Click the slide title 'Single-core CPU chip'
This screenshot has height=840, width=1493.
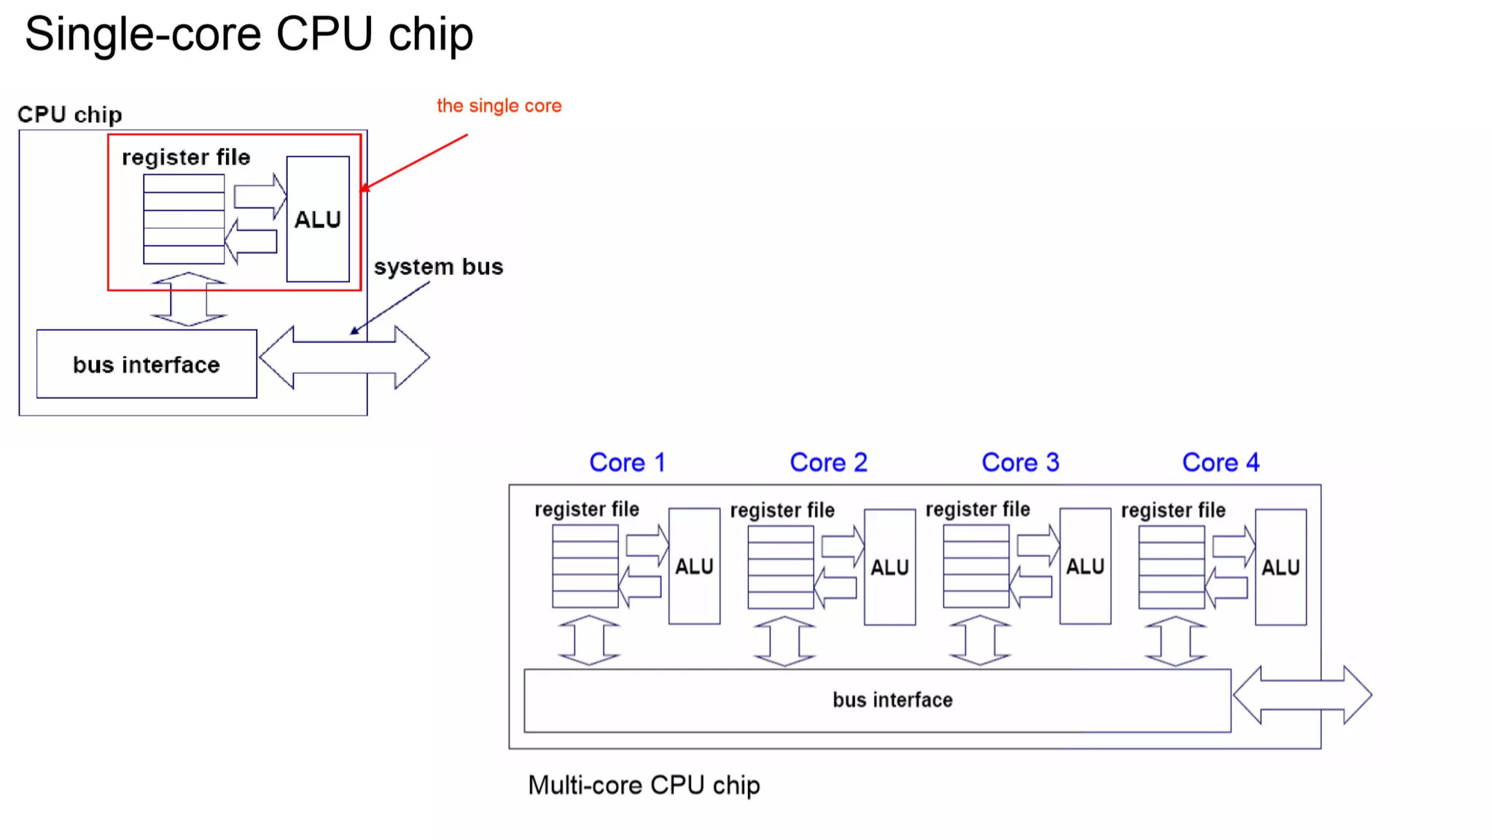(x=249, y=34)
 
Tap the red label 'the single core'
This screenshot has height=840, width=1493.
(x=499, y=106)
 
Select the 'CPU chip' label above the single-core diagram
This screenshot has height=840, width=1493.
(x=70, y=114)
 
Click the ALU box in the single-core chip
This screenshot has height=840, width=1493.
(x=318, y=219)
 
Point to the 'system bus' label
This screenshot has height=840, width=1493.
(x=438, y=267)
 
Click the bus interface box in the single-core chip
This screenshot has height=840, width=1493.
(x=147, y=364)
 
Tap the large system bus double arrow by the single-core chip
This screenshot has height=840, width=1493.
(x=344, y=357)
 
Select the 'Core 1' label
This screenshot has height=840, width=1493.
(x=627, y=462)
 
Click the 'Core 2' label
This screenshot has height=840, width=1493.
(x=828, y=462)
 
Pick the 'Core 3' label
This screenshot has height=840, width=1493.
(x=1020, y=462)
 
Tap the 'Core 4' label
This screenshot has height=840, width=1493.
(x=1220, y=462)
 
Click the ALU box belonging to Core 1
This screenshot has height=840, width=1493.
(x=694, y=566)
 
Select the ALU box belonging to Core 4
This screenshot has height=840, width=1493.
(x=1280, y=567)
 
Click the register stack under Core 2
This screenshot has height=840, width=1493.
(x=780, y=567)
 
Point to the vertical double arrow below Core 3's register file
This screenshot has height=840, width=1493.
(x=980, y=640)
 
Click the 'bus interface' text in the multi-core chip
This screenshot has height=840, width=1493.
(x=892, y=700)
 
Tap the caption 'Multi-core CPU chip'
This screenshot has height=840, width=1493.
(x=644, y=785)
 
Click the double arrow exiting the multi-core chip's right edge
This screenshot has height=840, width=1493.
(x=1302, y=695)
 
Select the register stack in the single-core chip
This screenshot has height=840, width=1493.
(x=184, y=219)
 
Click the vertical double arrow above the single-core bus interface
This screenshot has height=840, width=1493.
(x=189, y=299)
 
